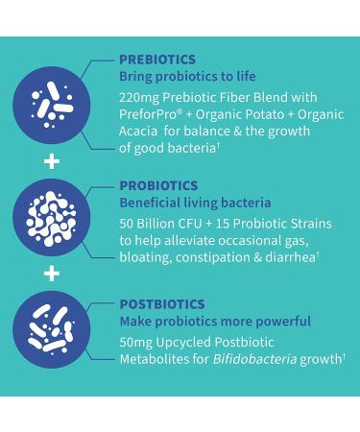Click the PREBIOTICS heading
(x=157, y=59)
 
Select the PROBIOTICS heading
(x=158, y=185)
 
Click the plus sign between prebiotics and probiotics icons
(x=52, y=160)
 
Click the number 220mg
(x=139, y=97)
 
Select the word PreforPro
(x=147, y=114)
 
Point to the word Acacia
(x=139, y=131)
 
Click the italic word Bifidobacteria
(x=252, y=359)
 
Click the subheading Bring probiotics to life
(x=187, y=75)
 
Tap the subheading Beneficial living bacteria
(x=195, y=203)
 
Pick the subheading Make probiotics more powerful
(x=215, y=321)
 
